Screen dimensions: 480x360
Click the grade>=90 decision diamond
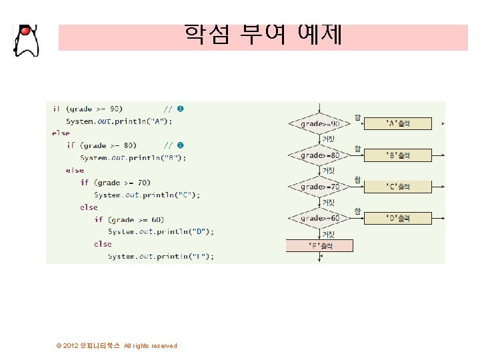coord(320,123)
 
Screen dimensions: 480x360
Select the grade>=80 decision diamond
coord(320,155)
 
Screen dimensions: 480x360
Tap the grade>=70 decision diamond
coord(320,187)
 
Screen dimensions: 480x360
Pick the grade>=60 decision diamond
coord(320,218)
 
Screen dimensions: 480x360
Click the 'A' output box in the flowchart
coord(398,123)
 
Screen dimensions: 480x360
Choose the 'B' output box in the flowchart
coord(398,155)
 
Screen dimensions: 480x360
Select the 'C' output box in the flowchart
coord(398,187)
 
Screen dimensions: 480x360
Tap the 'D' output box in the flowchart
coord(398,218)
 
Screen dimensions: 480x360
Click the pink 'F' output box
coord(319,245)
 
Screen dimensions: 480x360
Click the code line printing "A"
coord(119,121)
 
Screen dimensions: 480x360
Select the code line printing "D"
coord(161,231)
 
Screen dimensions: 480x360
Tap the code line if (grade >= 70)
coord(115,182)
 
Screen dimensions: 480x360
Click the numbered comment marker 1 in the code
coord(181,109)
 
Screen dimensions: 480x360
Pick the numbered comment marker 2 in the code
coord(181,145)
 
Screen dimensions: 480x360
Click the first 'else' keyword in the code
coord(61,133)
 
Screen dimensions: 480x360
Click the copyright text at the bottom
coord(117,345)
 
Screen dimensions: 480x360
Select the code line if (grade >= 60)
coord(129,219)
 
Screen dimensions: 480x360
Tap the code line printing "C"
coord(147,195)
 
